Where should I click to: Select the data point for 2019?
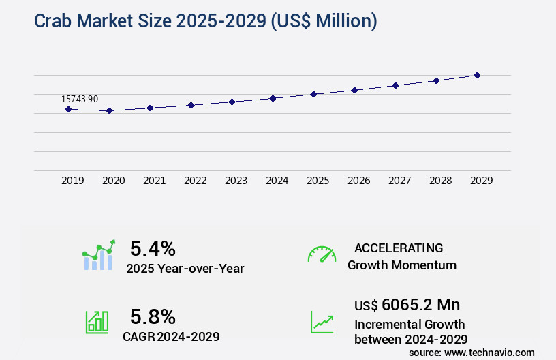[x=68, y=109]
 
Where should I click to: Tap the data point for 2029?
[x=477, y=75]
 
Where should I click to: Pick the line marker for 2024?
[x=273, y=98]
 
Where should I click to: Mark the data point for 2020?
[x=109, y=110]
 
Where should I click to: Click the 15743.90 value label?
[x=80, y=100]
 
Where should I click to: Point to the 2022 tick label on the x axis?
[x=195, y=181]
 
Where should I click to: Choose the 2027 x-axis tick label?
[x=399, y=181]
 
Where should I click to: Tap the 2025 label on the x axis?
[x=318, y=181]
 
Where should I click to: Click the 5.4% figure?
[x=153, y=247]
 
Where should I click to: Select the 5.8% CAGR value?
[x=153, y=316]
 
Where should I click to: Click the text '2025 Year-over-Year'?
[x=185, y=268]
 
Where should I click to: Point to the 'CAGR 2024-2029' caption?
[x=171, y=336]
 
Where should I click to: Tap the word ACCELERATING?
[x=399, y=248]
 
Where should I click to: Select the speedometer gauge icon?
[x=322, y=254]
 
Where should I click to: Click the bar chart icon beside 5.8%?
[x=97, y=322]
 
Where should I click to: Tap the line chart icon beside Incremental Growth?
[x=322, y=322]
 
